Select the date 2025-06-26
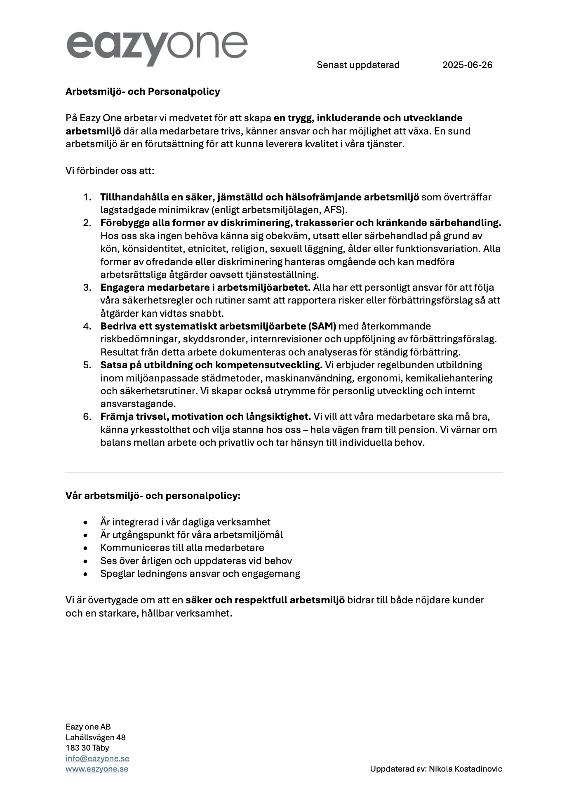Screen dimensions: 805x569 (467, 65)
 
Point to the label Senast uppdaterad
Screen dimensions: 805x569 (358, 65)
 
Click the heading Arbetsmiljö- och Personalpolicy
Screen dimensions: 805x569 (143, 92)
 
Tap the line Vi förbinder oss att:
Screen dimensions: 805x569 (110, 170)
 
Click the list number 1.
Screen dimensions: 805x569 (87, 197)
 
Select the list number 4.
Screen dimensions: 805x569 (87, 326)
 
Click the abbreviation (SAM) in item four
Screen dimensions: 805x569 (322, 326)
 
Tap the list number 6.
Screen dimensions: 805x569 (87, 417)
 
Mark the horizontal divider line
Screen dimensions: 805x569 (284, 472)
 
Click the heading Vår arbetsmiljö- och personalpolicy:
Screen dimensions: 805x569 (153, 495)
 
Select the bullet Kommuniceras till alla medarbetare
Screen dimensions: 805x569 (182, 548)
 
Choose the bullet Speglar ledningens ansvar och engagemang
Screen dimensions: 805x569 (200, 574)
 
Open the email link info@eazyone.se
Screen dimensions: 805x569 (97, 758)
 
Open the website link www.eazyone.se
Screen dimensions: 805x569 (97, 769)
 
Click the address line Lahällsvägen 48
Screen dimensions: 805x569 (96, 737)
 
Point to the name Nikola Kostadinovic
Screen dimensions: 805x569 (465, 769)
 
